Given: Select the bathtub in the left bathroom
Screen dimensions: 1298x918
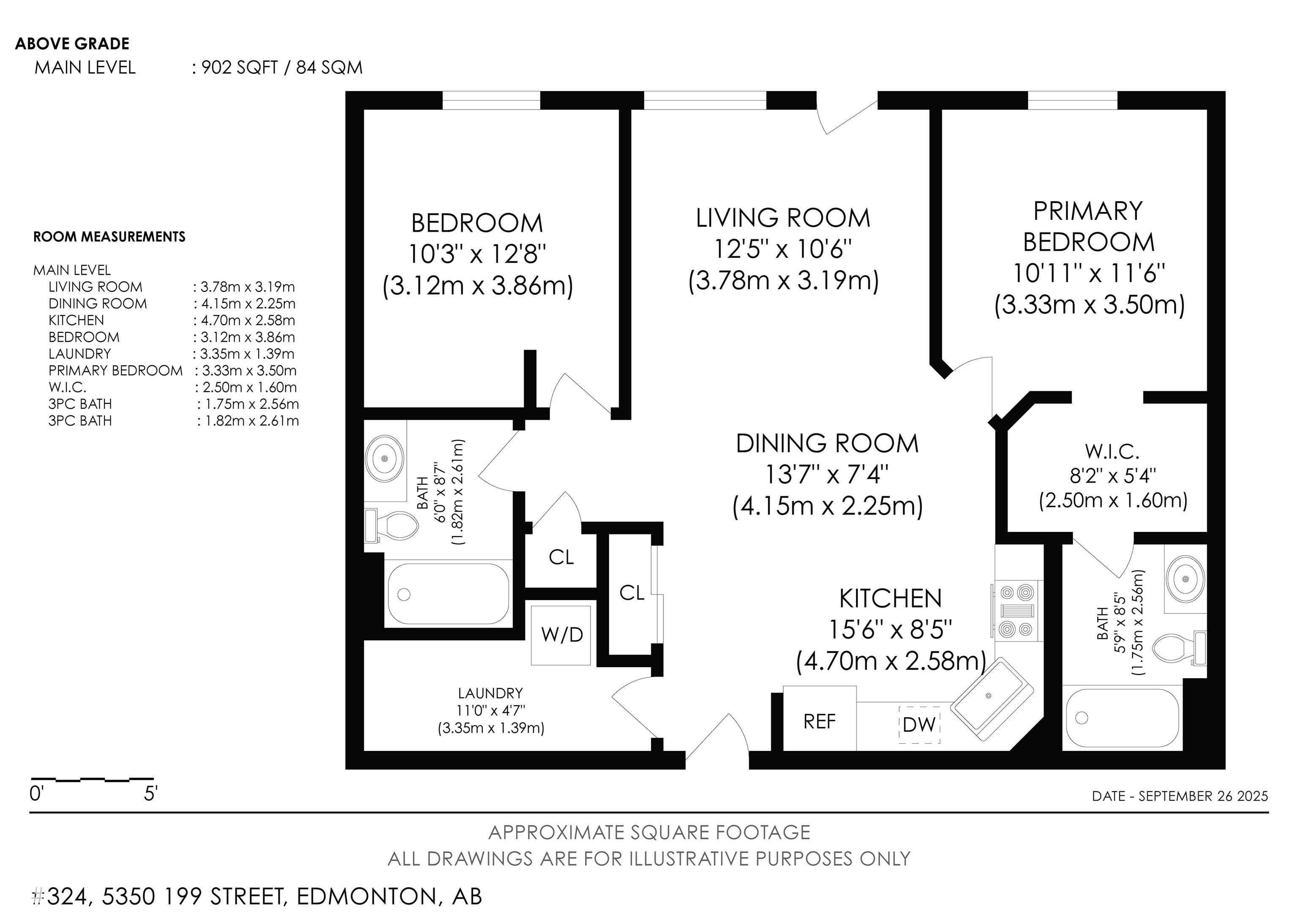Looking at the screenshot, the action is [x=448, y=594].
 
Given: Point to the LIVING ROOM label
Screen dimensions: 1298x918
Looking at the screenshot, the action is [x=783, y=218].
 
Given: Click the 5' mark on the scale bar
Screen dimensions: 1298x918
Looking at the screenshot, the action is [x=150, y=794].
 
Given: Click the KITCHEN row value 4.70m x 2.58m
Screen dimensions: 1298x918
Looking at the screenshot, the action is [x=244, y=320].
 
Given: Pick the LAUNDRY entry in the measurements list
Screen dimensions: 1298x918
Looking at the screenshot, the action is [x=80, y=354].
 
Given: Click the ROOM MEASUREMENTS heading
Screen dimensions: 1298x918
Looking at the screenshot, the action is [x=109, y=236].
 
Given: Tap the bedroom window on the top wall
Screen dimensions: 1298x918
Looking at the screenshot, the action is [x=491, y=100].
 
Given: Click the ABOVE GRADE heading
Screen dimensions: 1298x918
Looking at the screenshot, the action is [x=72, y=44].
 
